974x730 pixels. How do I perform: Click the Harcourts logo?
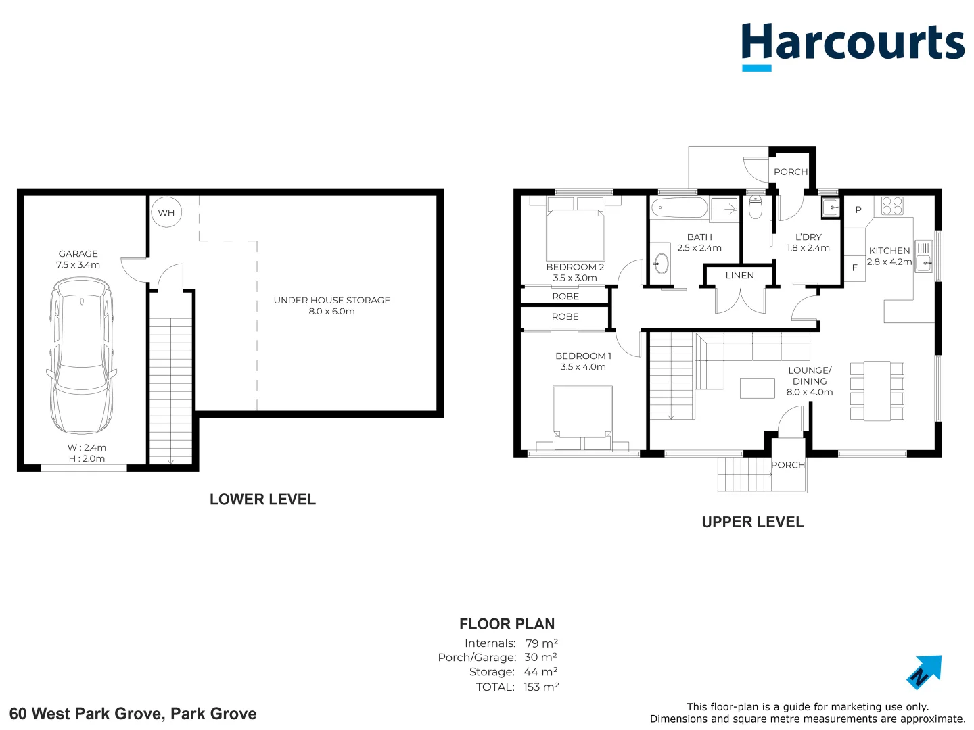coord(852,45)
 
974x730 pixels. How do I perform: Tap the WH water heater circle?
coord(166,212)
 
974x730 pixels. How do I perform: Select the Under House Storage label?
coord(331,300)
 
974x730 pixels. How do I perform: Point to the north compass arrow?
coord(924,672)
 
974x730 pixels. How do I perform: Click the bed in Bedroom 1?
coord(582,417)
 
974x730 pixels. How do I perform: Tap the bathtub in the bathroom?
coord(679,208)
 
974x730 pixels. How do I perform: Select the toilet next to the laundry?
coord(756,208)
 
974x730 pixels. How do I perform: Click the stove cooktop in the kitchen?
coord(892,205)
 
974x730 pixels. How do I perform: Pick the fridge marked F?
coord(854,268)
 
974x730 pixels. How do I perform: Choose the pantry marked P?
coord(858,210)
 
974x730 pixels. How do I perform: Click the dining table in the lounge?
coord(877,391)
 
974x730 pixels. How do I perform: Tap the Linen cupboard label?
coord(739,276)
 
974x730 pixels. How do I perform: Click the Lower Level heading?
coord(262,500)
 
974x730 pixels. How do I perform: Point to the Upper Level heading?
coord(753,522)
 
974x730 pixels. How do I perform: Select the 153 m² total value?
coord(541,687)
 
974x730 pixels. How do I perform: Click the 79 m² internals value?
coord(541,643)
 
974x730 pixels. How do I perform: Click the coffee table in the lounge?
coord(757,388)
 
